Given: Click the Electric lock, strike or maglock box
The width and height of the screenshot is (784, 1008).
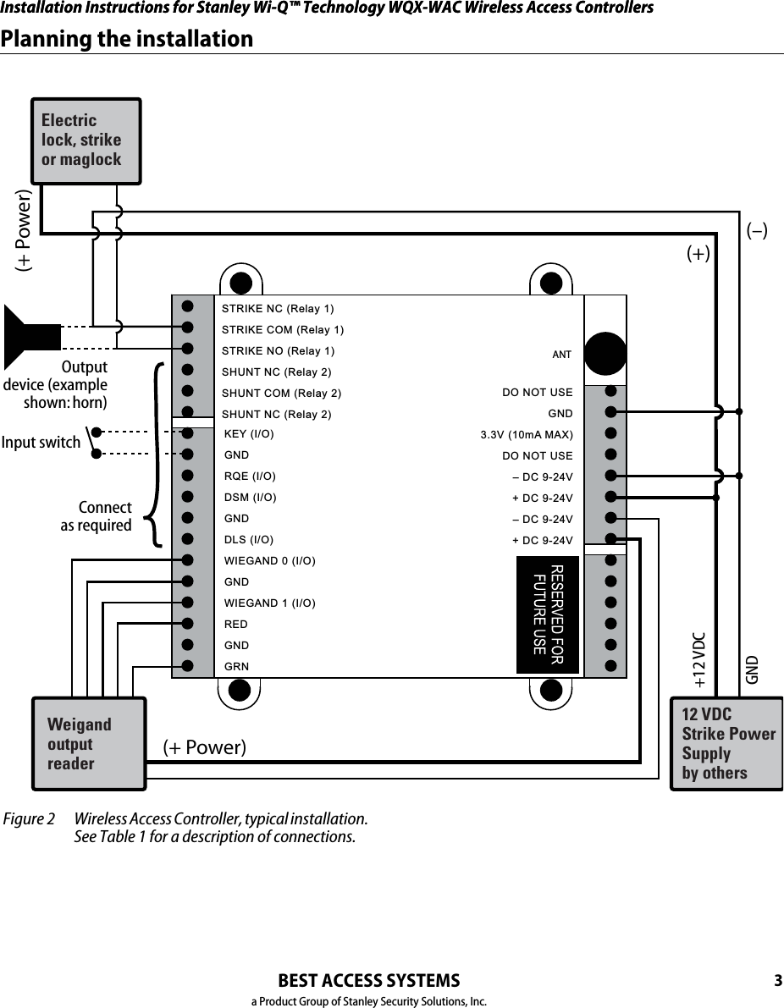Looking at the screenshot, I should [86, 140].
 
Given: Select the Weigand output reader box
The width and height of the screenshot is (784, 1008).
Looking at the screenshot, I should [88, 744].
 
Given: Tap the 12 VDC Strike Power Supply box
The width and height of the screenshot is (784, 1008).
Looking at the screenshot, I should [726, 744].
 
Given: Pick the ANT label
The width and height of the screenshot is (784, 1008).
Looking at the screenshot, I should [562, 354].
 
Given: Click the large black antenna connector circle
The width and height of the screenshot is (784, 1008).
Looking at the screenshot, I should [605, 353].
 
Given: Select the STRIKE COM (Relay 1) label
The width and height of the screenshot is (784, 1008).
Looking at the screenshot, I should [282, 329].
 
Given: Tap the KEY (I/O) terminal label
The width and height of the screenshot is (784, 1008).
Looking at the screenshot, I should [249, 434].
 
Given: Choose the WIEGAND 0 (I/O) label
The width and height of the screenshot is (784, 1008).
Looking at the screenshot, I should [270, 561].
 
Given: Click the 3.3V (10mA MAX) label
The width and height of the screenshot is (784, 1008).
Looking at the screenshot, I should [527, 435].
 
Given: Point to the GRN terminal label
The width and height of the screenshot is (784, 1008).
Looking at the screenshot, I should [236, 667].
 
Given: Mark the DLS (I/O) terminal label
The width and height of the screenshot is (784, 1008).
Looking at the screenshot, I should [249, 540].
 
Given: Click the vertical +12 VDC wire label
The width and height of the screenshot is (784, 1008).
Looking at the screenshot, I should [698, 659].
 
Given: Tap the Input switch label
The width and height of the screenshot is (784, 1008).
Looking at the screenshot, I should [41, 443].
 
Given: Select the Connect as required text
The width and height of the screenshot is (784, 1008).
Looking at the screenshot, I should [96, 516].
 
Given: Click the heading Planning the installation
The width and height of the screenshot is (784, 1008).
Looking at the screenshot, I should [127, 39].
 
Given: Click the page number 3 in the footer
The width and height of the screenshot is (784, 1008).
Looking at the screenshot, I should [777, 982].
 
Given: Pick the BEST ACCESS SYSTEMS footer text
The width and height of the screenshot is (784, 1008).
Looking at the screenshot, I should [369, 981].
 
